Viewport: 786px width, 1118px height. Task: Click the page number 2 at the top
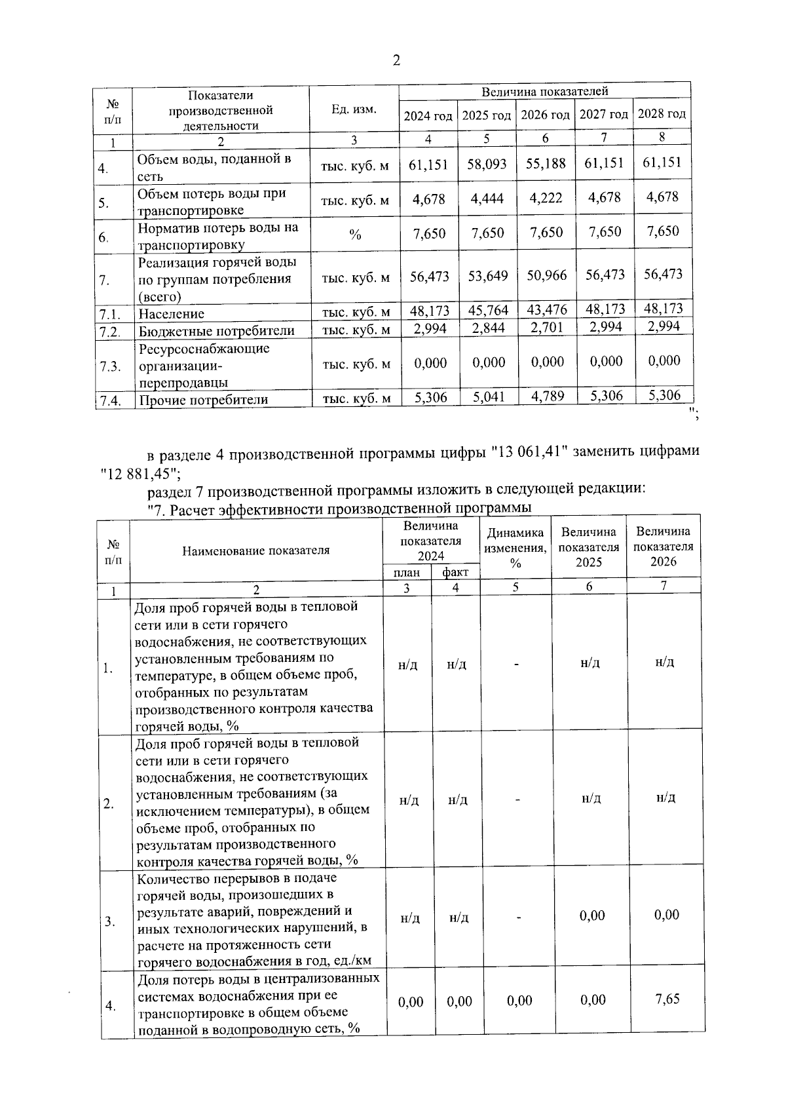[396, 61]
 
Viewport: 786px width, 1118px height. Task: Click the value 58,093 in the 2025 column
[487, 164]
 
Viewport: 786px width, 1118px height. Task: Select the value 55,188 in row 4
[546, 164]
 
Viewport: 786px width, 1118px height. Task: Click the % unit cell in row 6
[354, 235]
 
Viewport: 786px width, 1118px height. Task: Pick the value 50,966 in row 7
[547, 276]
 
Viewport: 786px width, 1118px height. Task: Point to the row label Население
[171, 314]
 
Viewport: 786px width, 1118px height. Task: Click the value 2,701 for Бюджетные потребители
[547, 328]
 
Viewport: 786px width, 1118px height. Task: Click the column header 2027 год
[604, 115]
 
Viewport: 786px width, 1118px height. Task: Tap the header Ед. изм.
[354, 109]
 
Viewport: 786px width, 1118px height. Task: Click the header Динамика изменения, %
[515, 548]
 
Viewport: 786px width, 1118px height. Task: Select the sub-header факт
[455, 573]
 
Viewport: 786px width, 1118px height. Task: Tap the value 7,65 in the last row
[667, 999]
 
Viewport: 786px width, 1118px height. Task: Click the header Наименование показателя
[255, 550]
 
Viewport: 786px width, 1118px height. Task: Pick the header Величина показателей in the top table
[545, 91]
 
